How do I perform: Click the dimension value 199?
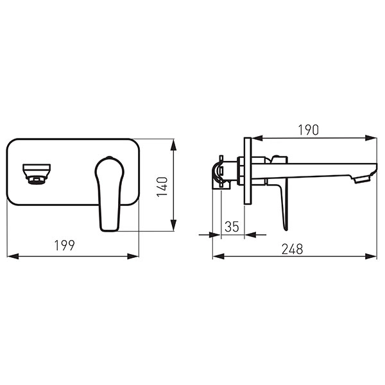pos(64,245)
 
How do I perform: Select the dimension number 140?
pos(162,187)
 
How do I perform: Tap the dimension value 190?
pos(309,130)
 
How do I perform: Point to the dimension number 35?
pos(232,227)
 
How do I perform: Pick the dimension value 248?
pos(292,249)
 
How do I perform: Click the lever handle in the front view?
pos(110,194)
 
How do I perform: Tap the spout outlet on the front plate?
pos(37,174)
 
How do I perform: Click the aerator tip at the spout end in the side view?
pos(361,180)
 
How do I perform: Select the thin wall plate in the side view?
pos(248,171)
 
